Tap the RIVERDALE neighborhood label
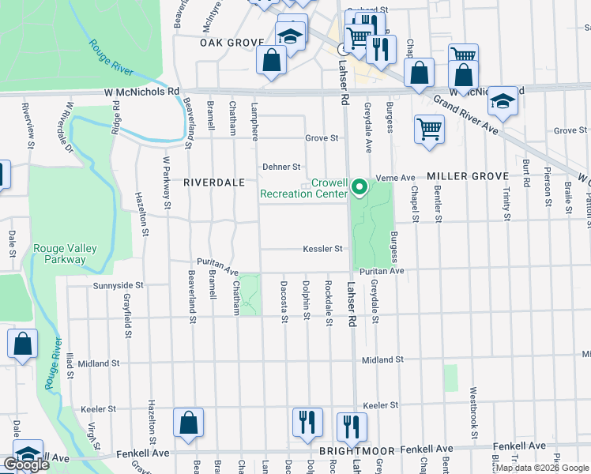tap(214, 182)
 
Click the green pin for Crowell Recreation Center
tap(360, 187)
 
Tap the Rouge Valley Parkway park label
tap(65, 254)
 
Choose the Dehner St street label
tap(282, 167)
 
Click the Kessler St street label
tap(322, 249)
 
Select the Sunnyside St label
tap(119, 285)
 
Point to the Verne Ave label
tap(396, 178)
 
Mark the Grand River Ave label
tap(465, 115)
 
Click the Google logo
tap(26, 464)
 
